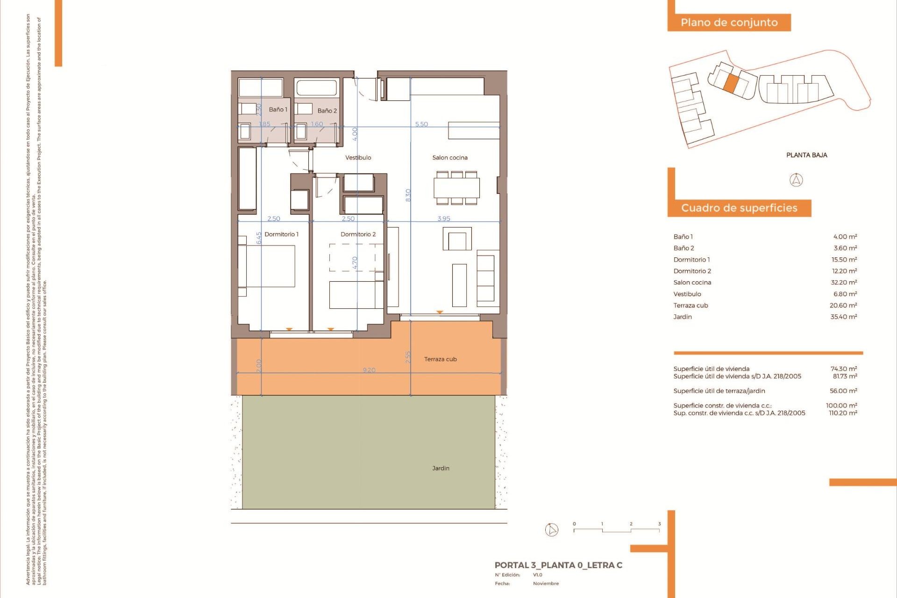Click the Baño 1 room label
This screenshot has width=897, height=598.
click(278, 109)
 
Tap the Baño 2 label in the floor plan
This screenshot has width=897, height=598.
click(327, 111)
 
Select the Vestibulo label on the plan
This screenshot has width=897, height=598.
click(358, 157)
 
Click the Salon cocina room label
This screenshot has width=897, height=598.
click(449, 157)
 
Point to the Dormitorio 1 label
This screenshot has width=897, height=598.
click(281, 234)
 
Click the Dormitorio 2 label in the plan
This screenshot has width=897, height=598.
click(358, 234)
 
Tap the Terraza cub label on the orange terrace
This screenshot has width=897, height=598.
click(440, 359)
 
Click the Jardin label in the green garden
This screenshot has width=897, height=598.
click(441, 468)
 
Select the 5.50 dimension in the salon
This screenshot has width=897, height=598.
click(421, 124)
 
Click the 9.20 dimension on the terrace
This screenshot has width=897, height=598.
click(369, 370)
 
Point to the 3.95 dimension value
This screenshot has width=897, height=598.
click(444, 218)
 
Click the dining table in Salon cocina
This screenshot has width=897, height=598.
click(456, 188)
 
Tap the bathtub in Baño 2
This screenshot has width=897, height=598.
click(316, 87)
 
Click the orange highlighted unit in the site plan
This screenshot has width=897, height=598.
click(731, 83)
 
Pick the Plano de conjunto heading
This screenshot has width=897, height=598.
click(729, 22)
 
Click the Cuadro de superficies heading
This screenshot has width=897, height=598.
click(739, 208)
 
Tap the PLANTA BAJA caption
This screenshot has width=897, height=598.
click(806, 155)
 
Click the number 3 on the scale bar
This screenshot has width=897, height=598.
click(659, 524)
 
